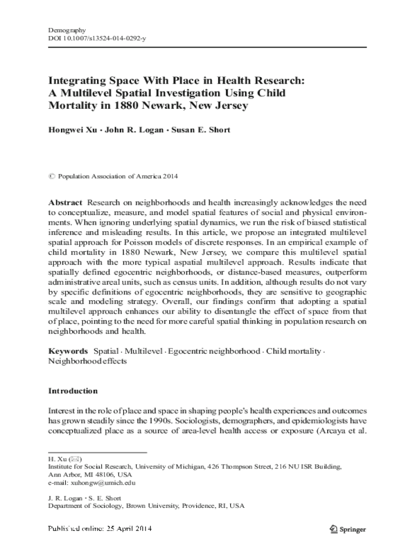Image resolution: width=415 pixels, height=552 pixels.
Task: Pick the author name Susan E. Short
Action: click(200, 130)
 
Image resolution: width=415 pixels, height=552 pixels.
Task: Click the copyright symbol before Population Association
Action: click(51, 176)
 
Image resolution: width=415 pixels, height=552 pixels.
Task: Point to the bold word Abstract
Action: click(66, 203)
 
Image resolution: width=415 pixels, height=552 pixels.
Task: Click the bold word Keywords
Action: click(68, 351)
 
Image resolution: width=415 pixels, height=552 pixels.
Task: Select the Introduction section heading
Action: click(73, 390)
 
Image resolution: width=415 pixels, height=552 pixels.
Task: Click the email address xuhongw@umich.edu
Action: click(98, 483)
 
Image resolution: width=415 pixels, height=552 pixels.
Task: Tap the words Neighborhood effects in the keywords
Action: click(88, 361)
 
